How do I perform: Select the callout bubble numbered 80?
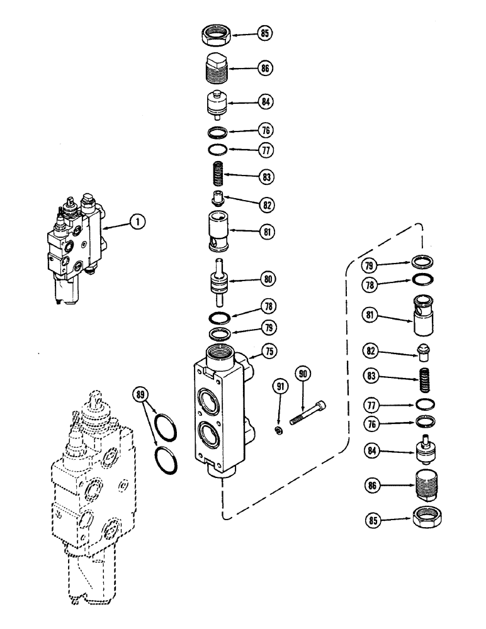(x=269, y=277)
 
